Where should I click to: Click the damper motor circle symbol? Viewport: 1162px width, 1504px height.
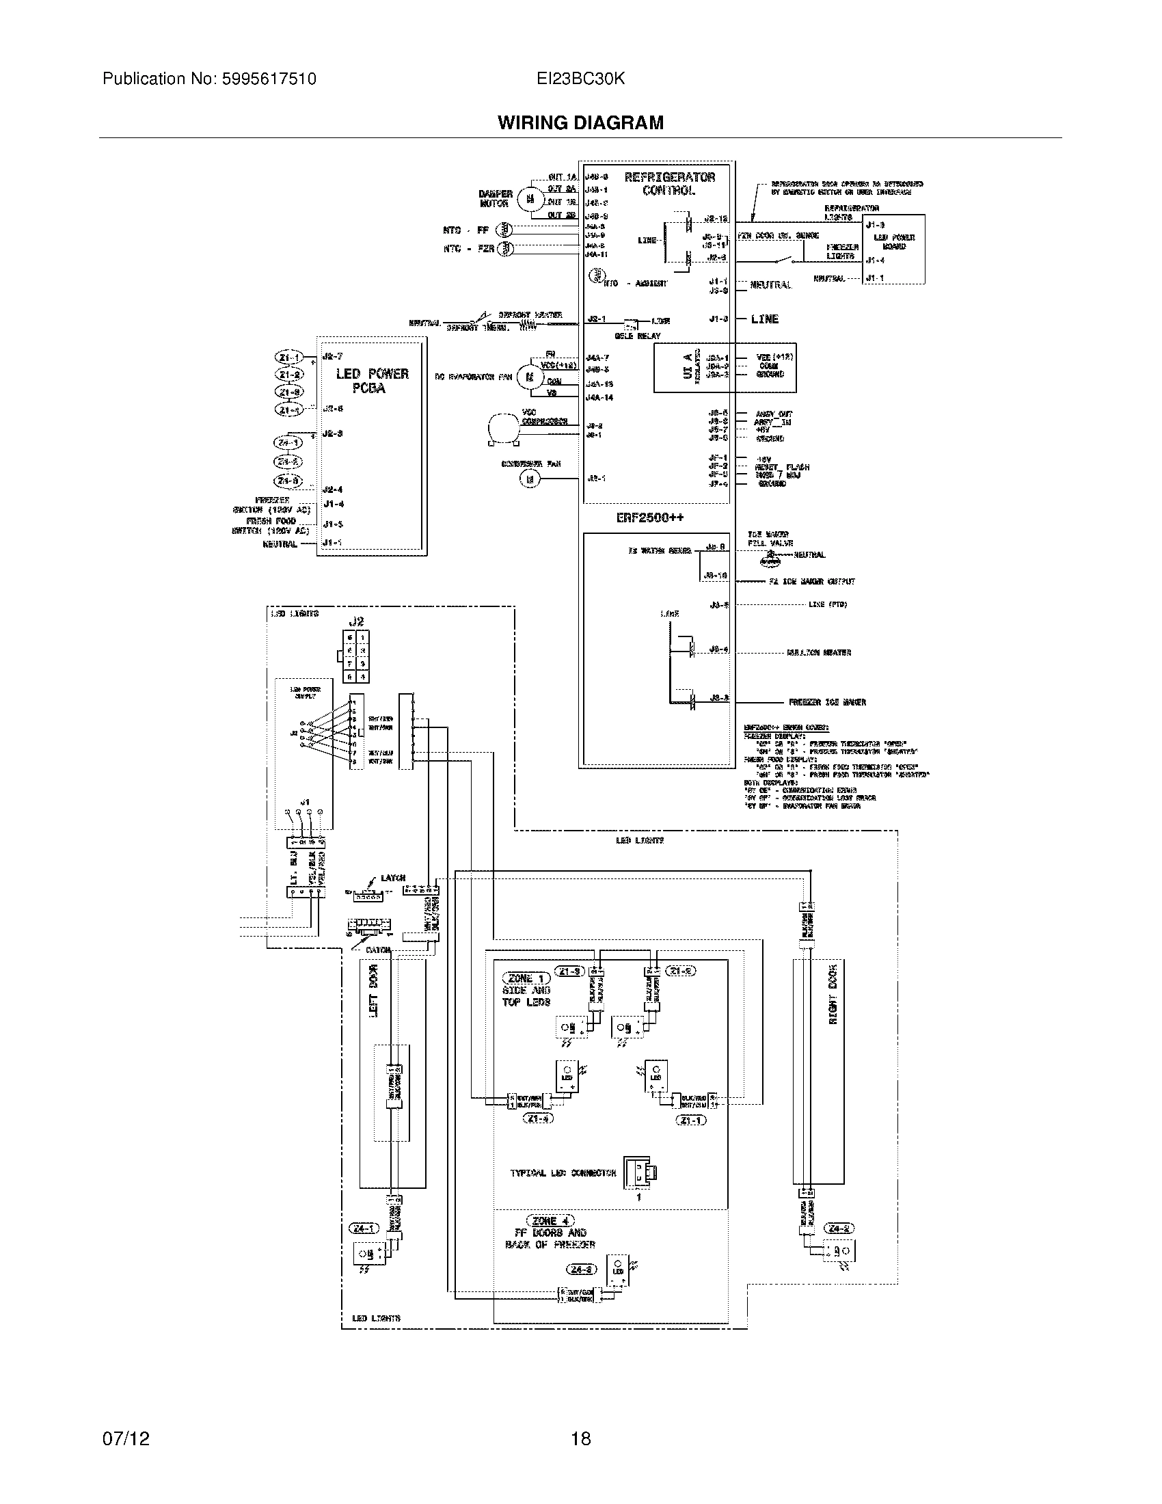click(528, 198)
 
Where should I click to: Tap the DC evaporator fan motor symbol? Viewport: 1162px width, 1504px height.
click(529, 377)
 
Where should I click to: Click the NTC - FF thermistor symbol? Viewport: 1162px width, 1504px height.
click(506, 230)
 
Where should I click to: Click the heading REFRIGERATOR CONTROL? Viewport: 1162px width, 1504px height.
click(669, 183)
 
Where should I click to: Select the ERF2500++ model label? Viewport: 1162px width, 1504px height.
click(650, 518)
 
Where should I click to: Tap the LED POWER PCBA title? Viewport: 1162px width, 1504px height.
click(372, 381)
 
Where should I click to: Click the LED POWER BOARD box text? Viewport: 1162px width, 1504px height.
click(893, 242)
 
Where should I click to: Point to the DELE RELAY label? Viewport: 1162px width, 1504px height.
click(637, 336)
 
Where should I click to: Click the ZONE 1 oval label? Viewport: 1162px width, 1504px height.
click(526, 978)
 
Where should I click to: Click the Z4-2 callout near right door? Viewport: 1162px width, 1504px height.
click(840, 1228)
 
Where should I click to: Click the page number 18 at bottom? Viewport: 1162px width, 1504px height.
click(580, 1438)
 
